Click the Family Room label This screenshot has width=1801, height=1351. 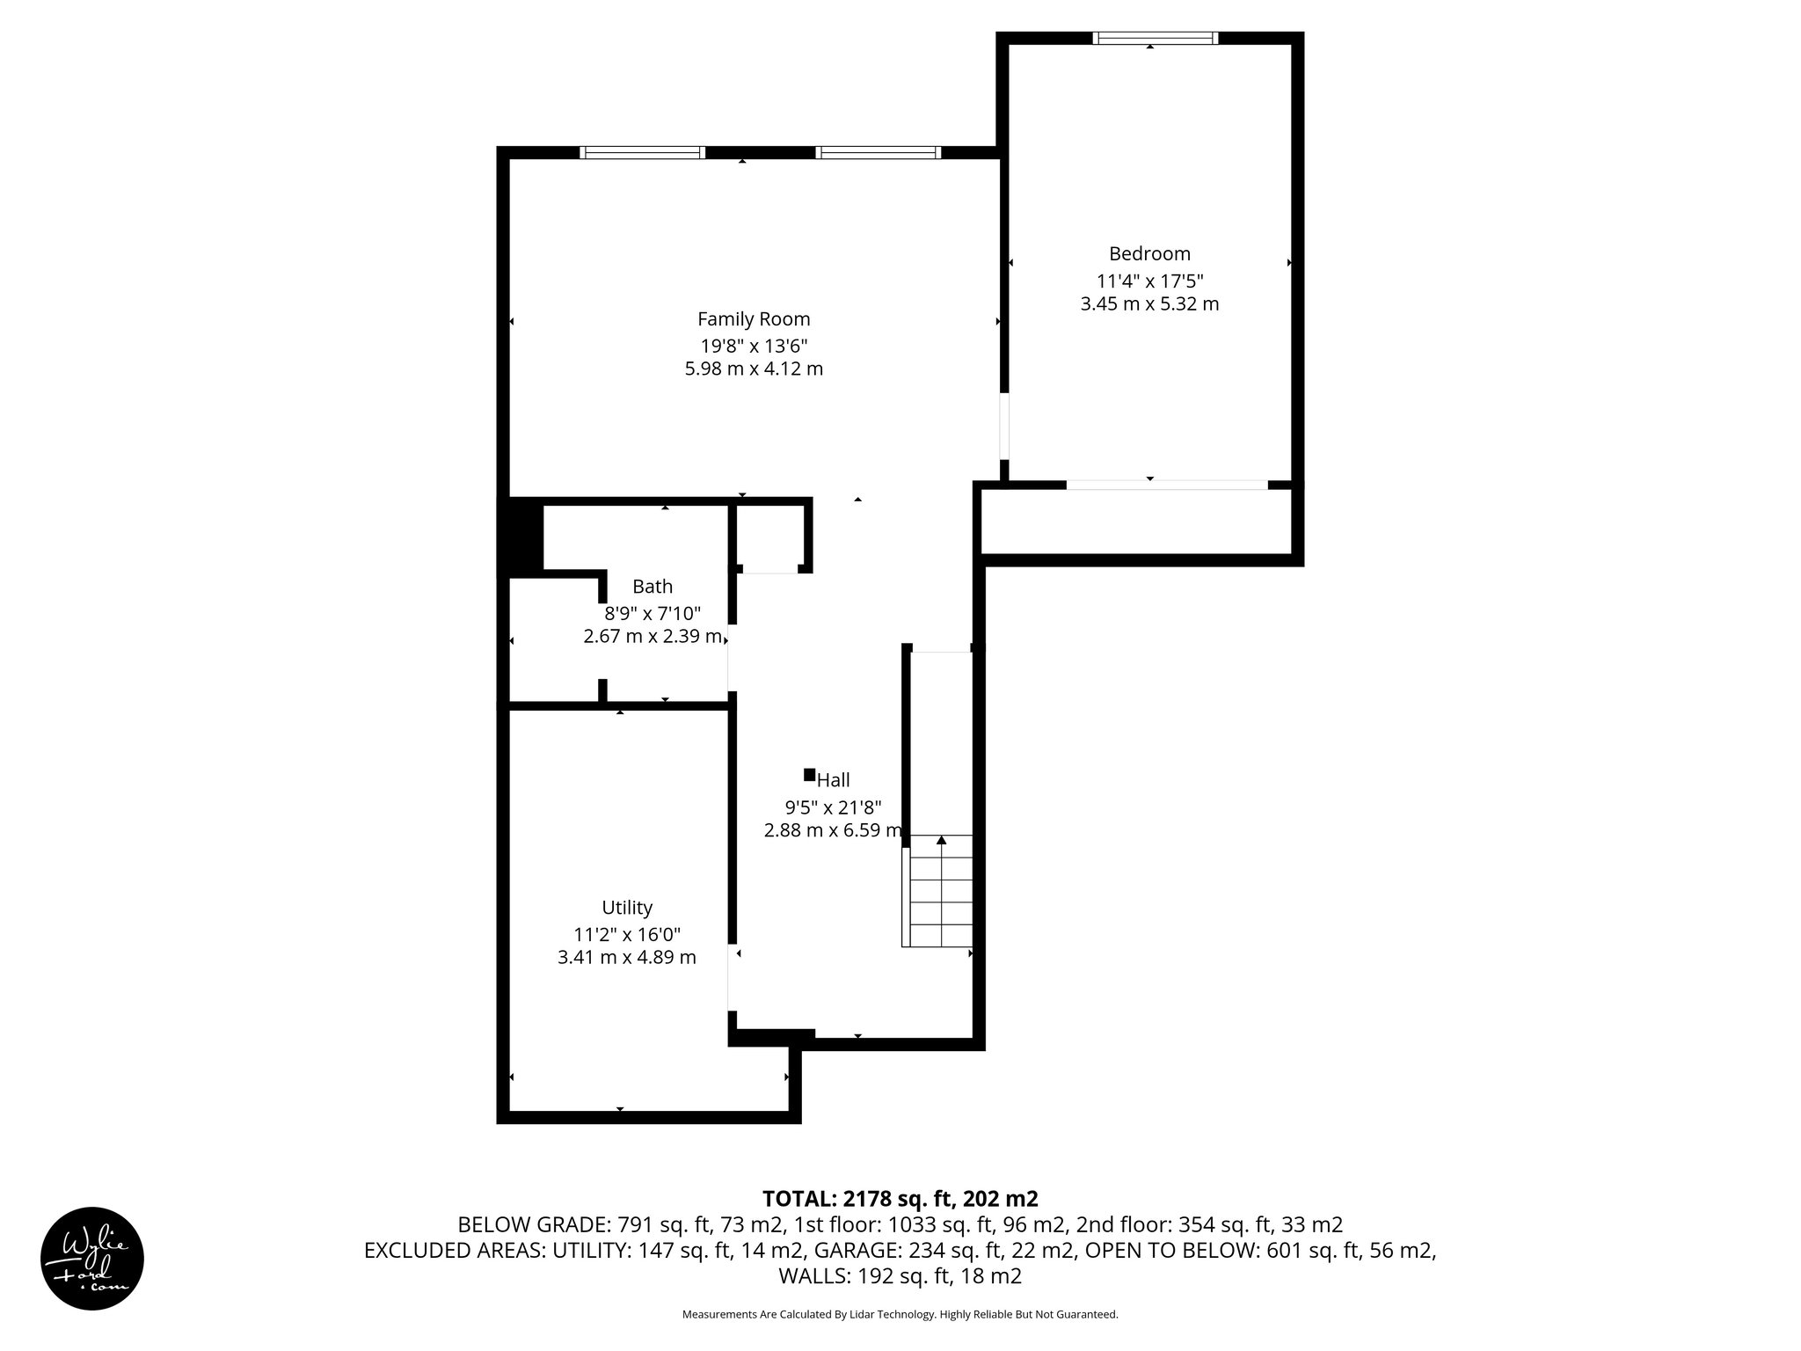pyautogui.click(x=754, y=319)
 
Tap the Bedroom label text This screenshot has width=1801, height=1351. pyautogui.click(x=1149, y=254)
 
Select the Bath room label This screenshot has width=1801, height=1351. pyautogui.click(x=653, y=587)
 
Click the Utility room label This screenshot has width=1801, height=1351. pyautogui.click(x=627, y=908)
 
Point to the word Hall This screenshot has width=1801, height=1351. pyautogui.click(x=834, y=780)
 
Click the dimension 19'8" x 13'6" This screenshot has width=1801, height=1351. pyautogui.click(x=754, y=346)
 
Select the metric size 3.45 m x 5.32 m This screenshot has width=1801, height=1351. pyautogui.click(x=1149, y=304)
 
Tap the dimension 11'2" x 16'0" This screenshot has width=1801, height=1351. pyautogui.click(x=627, y=934)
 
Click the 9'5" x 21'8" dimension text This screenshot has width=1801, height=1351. pyautogui.click(x=833, y=807)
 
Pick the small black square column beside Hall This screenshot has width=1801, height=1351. pyautogui.click(x=809, y=775)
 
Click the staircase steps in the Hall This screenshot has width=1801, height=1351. pyautogui.click(x=940, y=902)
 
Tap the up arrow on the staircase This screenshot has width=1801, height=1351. pyautogui.click(x=942, y=841)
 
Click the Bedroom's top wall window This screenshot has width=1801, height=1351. pyautogui.click(x=1155, y=38)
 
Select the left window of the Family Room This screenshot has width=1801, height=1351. pyautogui.click(x=643, y=152)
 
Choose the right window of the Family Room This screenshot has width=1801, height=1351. pyautogui.click(x=878, y=152)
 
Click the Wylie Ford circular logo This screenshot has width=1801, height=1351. pyautogui.click(x=92, y=1258)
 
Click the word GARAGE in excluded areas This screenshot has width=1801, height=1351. pyautogui.click(x=857, y=1251)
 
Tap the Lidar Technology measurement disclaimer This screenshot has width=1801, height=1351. pyautogui.click(x=900, y=1315)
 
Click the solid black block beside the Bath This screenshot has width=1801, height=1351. pyautogui.click(x=521, y=536)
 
